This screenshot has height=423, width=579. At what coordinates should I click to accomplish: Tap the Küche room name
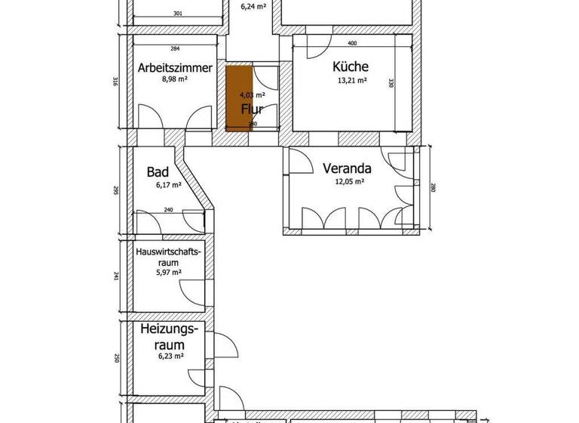pyautogui.click(x=350, y=66)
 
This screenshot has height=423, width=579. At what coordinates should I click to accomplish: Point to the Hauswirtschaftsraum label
pyautogui.click(x=167, y=257)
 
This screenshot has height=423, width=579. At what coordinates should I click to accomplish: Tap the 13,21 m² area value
pyautogui.click(x=351, y=79)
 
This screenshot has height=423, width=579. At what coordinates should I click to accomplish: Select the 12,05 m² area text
pyautogui.click(x=348, y=181)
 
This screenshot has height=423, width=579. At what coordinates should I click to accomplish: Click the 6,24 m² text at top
pyautogui.click(x=253, y=7)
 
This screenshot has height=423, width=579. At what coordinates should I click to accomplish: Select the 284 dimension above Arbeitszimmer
pyautogui.click(x=175, y=49)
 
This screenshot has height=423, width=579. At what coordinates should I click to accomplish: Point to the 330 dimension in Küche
pyautogui.click(x=391, y=83)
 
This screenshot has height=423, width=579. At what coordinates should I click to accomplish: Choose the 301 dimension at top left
pyautogui.click(x=177, y=14)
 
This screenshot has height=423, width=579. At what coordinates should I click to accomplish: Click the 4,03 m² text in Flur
pyautogui.click(x=252, y=95)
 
